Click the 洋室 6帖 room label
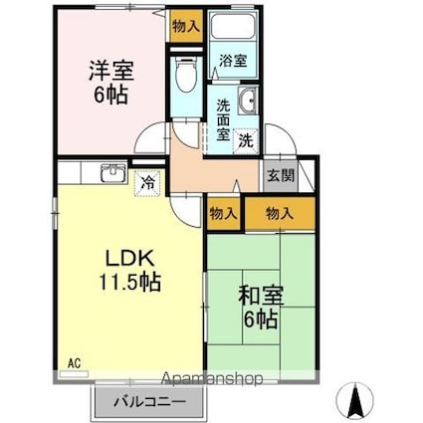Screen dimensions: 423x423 111,82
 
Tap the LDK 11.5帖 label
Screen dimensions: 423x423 130,271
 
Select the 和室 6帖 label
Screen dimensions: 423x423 261,307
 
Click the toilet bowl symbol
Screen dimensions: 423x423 186,74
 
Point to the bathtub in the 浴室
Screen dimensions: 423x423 233,26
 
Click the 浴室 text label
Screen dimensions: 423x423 233,61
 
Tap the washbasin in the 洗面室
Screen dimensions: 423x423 248,100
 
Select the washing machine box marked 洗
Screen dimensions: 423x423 246,141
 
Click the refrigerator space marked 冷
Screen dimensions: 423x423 147,183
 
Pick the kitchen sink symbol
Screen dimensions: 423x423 113,173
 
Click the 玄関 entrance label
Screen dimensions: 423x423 281,176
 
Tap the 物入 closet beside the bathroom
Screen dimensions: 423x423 186,26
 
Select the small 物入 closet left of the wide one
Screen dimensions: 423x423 224,214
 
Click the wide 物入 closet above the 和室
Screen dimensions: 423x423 280,213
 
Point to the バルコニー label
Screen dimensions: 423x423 149,402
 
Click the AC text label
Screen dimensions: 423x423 74,363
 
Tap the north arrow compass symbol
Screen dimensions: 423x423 355,399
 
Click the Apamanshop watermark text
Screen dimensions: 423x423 212,378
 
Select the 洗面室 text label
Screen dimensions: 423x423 223,119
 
